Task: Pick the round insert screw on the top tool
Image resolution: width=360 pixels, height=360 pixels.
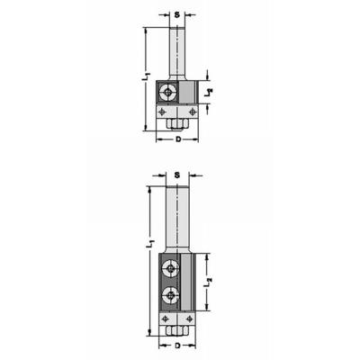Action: click(x=166, y=90)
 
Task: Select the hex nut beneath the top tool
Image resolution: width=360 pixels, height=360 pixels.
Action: click(x=175, y=119)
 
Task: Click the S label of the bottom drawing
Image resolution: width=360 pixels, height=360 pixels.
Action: click(x=177, y=174)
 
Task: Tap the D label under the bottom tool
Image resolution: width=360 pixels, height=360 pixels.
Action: click(x=177, y=345)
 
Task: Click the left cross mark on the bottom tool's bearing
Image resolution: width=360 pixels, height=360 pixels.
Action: click(x=163, y=318)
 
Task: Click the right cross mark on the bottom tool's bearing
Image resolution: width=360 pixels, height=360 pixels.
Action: click(x=193, y=318)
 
